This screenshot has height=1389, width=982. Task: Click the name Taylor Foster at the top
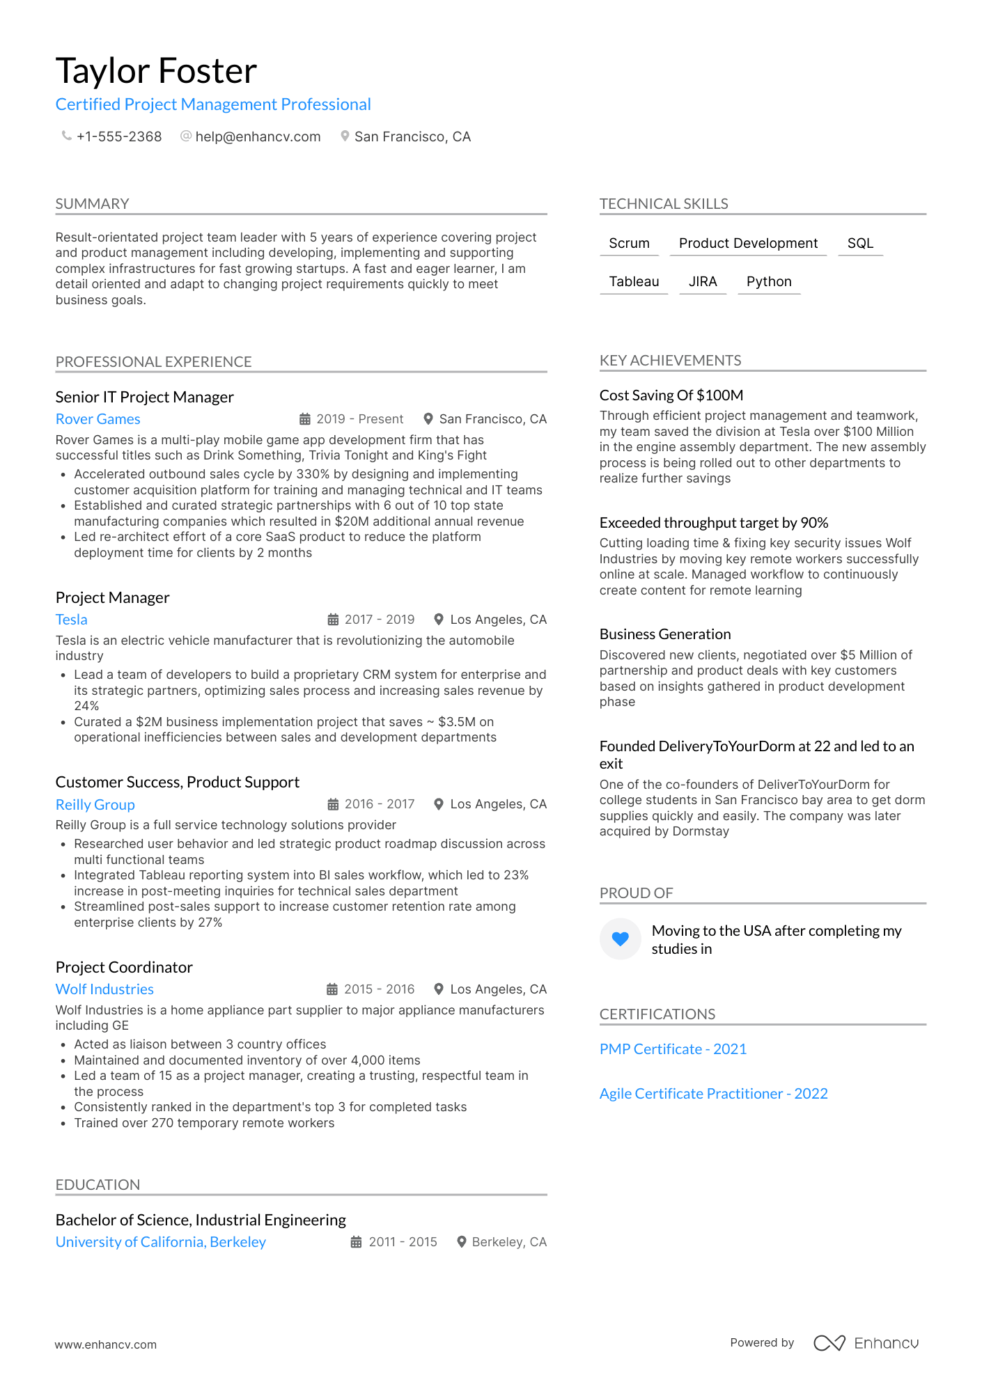[x=156, y=71]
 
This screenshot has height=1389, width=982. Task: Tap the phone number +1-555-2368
[x=119, y=136]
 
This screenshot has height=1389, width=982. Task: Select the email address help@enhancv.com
[x=258, y=136]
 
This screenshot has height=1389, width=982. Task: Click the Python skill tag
[x=769, y=281]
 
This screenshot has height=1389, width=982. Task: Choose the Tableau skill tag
[x=634, y=281]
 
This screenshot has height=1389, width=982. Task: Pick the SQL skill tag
[x=860, y=243]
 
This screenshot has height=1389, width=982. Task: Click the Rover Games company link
[x=98, y=419]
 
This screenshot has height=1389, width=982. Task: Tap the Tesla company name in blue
[x=72, y=620]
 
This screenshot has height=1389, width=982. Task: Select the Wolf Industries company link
[x=104, y=989]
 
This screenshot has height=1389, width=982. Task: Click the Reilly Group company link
[x=95, y=805]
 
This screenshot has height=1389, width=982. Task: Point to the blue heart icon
[x=621, y=939]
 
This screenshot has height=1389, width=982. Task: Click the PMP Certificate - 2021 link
[x=673, y=1049]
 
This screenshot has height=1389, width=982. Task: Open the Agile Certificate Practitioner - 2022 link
[x=713, y=1094]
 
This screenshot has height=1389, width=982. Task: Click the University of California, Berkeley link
[x=161, y=1242]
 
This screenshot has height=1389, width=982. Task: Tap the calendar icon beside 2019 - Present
[x=305, y=419]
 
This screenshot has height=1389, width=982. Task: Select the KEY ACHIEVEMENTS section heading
[x=670, y=361]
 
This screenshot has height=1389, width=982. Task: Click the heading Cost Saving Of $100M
[x=671, y=395]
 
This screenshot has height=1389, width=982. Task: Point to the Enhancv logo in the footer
[x=866, y=1343]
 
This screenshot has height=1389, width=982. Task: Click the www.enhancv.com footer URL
[x=106, y=1344]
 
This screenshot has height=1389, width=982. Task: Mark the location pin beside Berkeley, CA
[x=461, y=1242]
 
